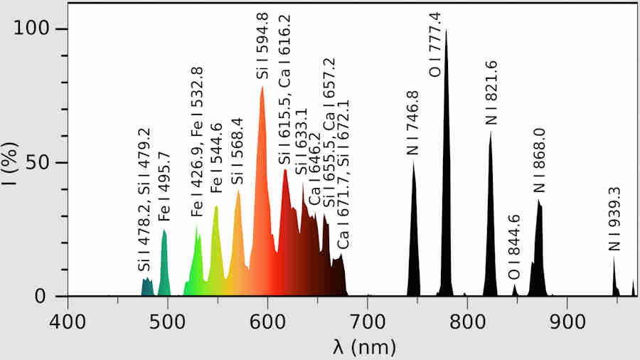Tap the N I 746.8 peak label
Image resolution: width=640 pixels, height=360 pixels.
click(x=412, y=122)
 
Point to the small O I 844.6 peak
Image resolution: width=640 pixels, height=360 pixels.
click(x=515, y=290)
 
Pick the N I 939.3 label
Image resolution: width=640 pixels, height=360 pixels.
click(x=614, y=218)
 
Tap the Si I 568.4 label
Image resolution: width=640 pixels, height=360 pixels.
click(x=238, y=151)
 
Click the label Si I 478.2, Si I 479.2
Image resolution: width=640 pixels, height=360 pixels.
click(x=144, y=199)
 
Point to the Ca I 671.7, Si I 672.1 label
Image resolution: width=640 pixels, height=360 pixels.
click(x=343, y=174)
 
